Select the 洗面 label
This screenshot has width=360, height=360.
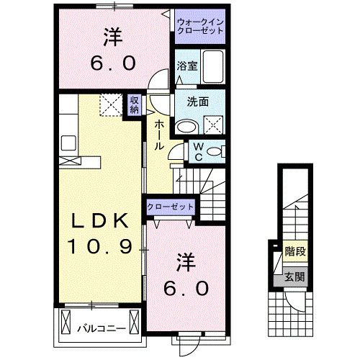(x=198, y=102)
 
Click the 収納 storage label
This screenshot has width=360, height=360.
(x=135, y=105)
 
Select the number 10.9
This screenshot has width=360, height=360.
(x=100, y=247)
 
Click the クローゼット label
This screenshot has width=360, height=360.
(x=171, y=207)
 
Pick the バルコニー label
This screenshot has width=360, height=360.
(x=102, y=330)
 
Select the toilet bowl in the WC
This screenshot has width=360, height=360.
(x=216, y=151)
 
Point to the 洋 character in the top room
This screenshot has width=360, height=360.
(x=112, y=34)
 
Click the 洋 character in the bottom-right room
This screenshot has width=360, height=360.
(x=185, y=259)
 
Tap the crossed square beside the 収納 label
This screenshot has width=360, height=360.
(x=110, y=106)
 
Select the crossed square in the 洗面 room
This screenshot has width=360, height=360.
(x=213, y=125)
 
